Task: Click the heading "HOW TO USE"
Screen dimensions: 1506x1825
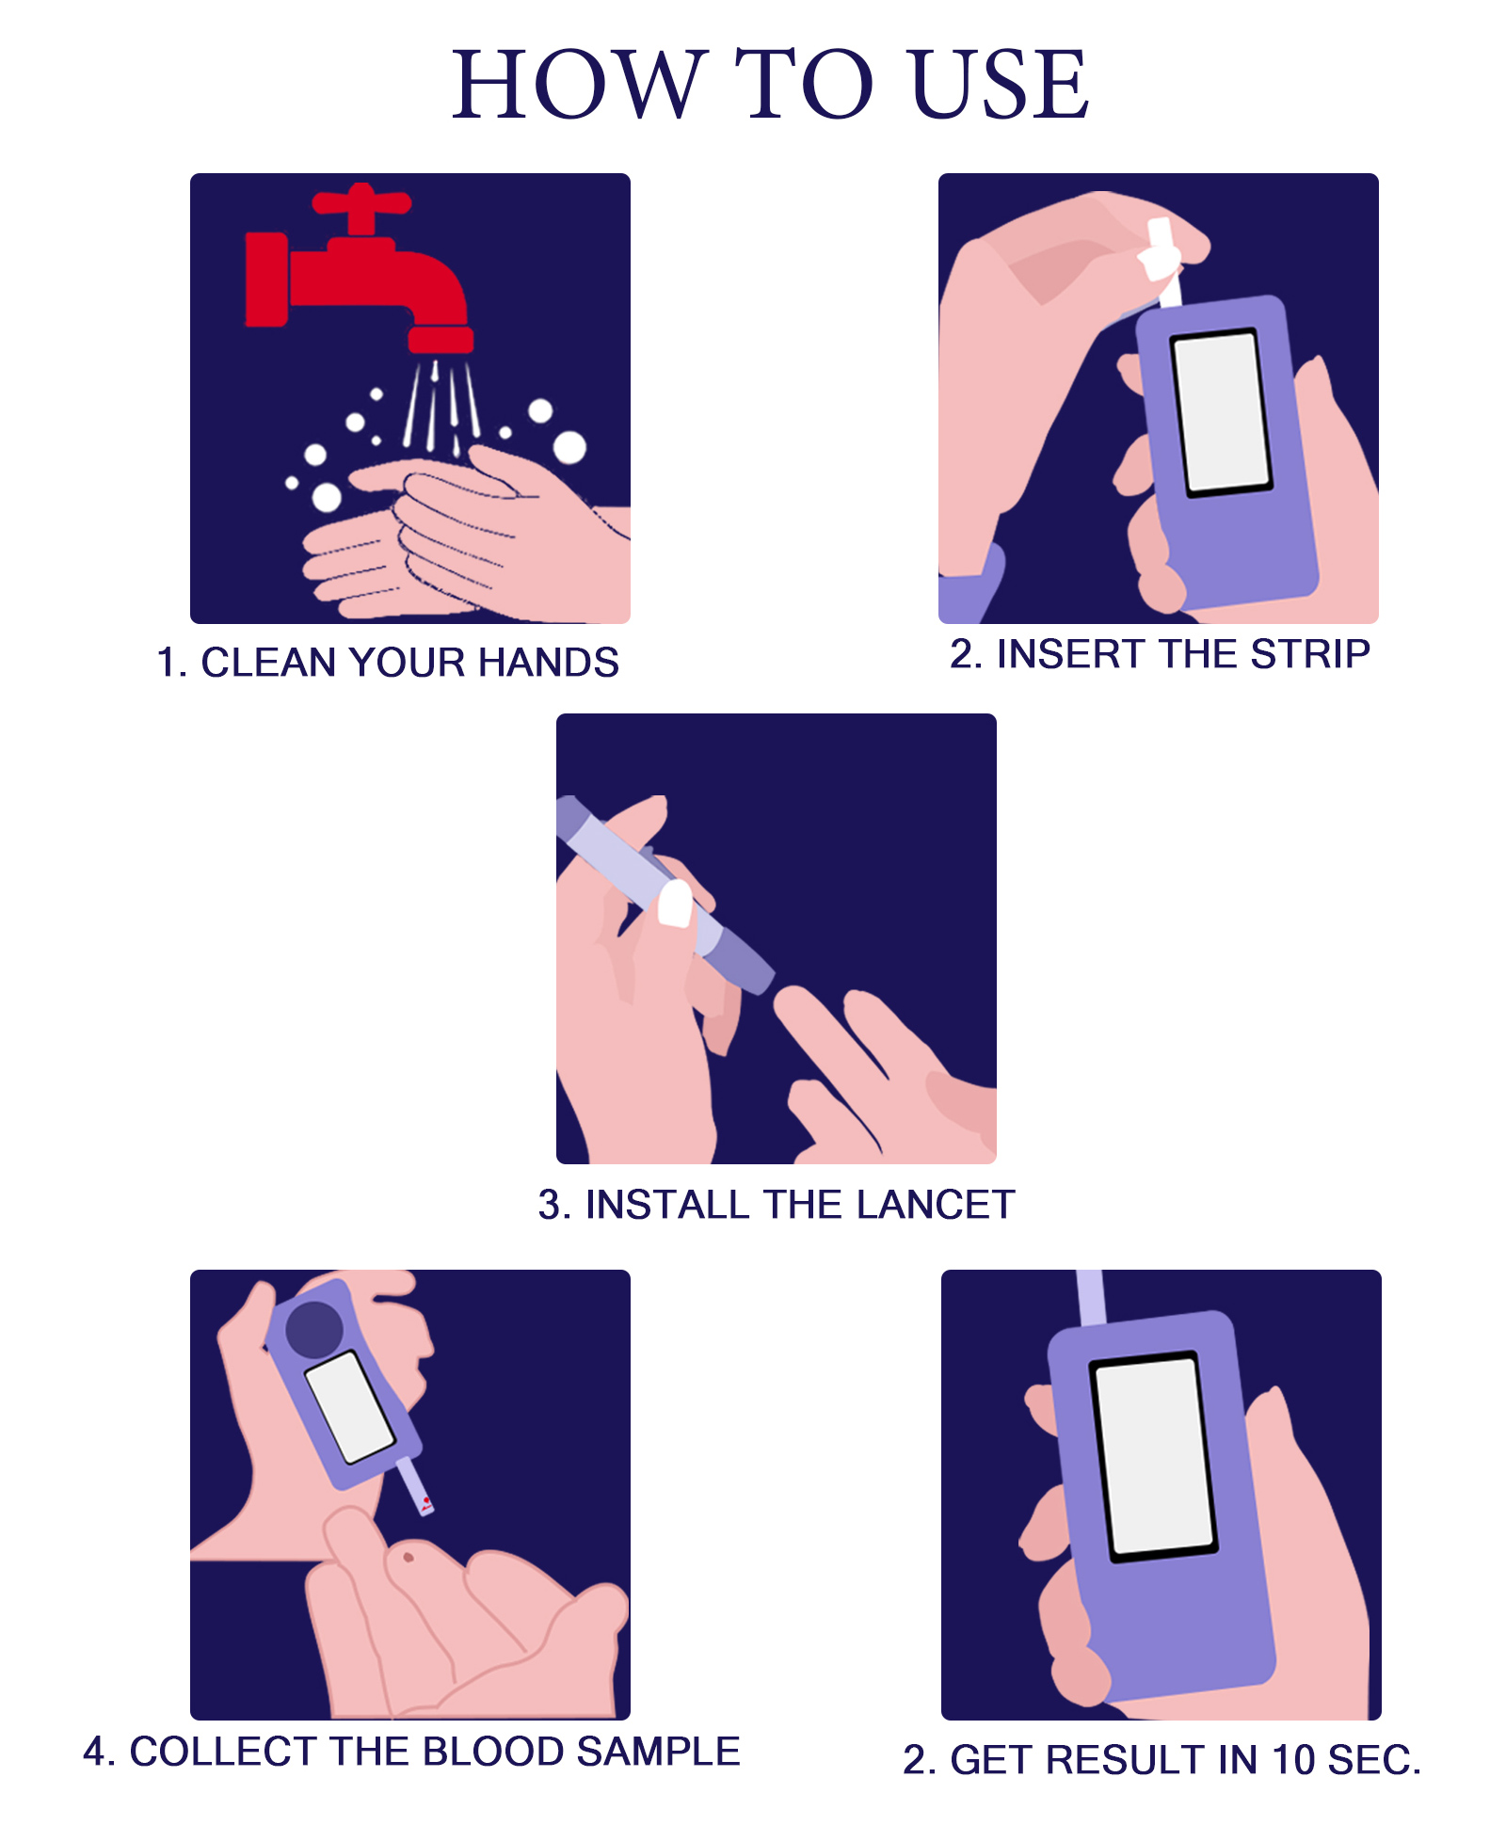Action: [770, 85]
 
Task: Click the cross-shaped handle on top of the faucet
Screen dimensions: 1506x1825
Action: [361, 207]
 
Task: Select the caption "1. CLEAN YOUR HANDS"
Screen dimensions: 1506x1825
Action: [388, 662]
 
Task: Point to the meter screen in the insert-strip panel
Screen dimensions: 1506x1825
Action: [1221, 411]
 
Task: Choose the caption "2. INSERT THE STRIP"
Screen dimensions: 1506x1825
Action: [1160, 653]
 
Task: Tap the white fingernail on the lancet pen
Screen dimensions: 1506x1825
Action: [675, 904]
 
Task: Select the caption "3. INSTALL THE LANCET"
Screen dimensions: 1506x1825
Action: [777, 1204]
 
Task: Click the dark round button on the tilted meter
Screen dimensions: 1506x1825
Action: [314, 1329]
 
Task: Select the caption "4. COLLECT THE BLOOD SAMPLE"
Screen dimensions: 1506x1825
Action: [411, 1751]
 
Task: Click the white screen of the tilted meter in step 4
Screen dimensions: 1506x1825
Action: [350, 1407]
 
